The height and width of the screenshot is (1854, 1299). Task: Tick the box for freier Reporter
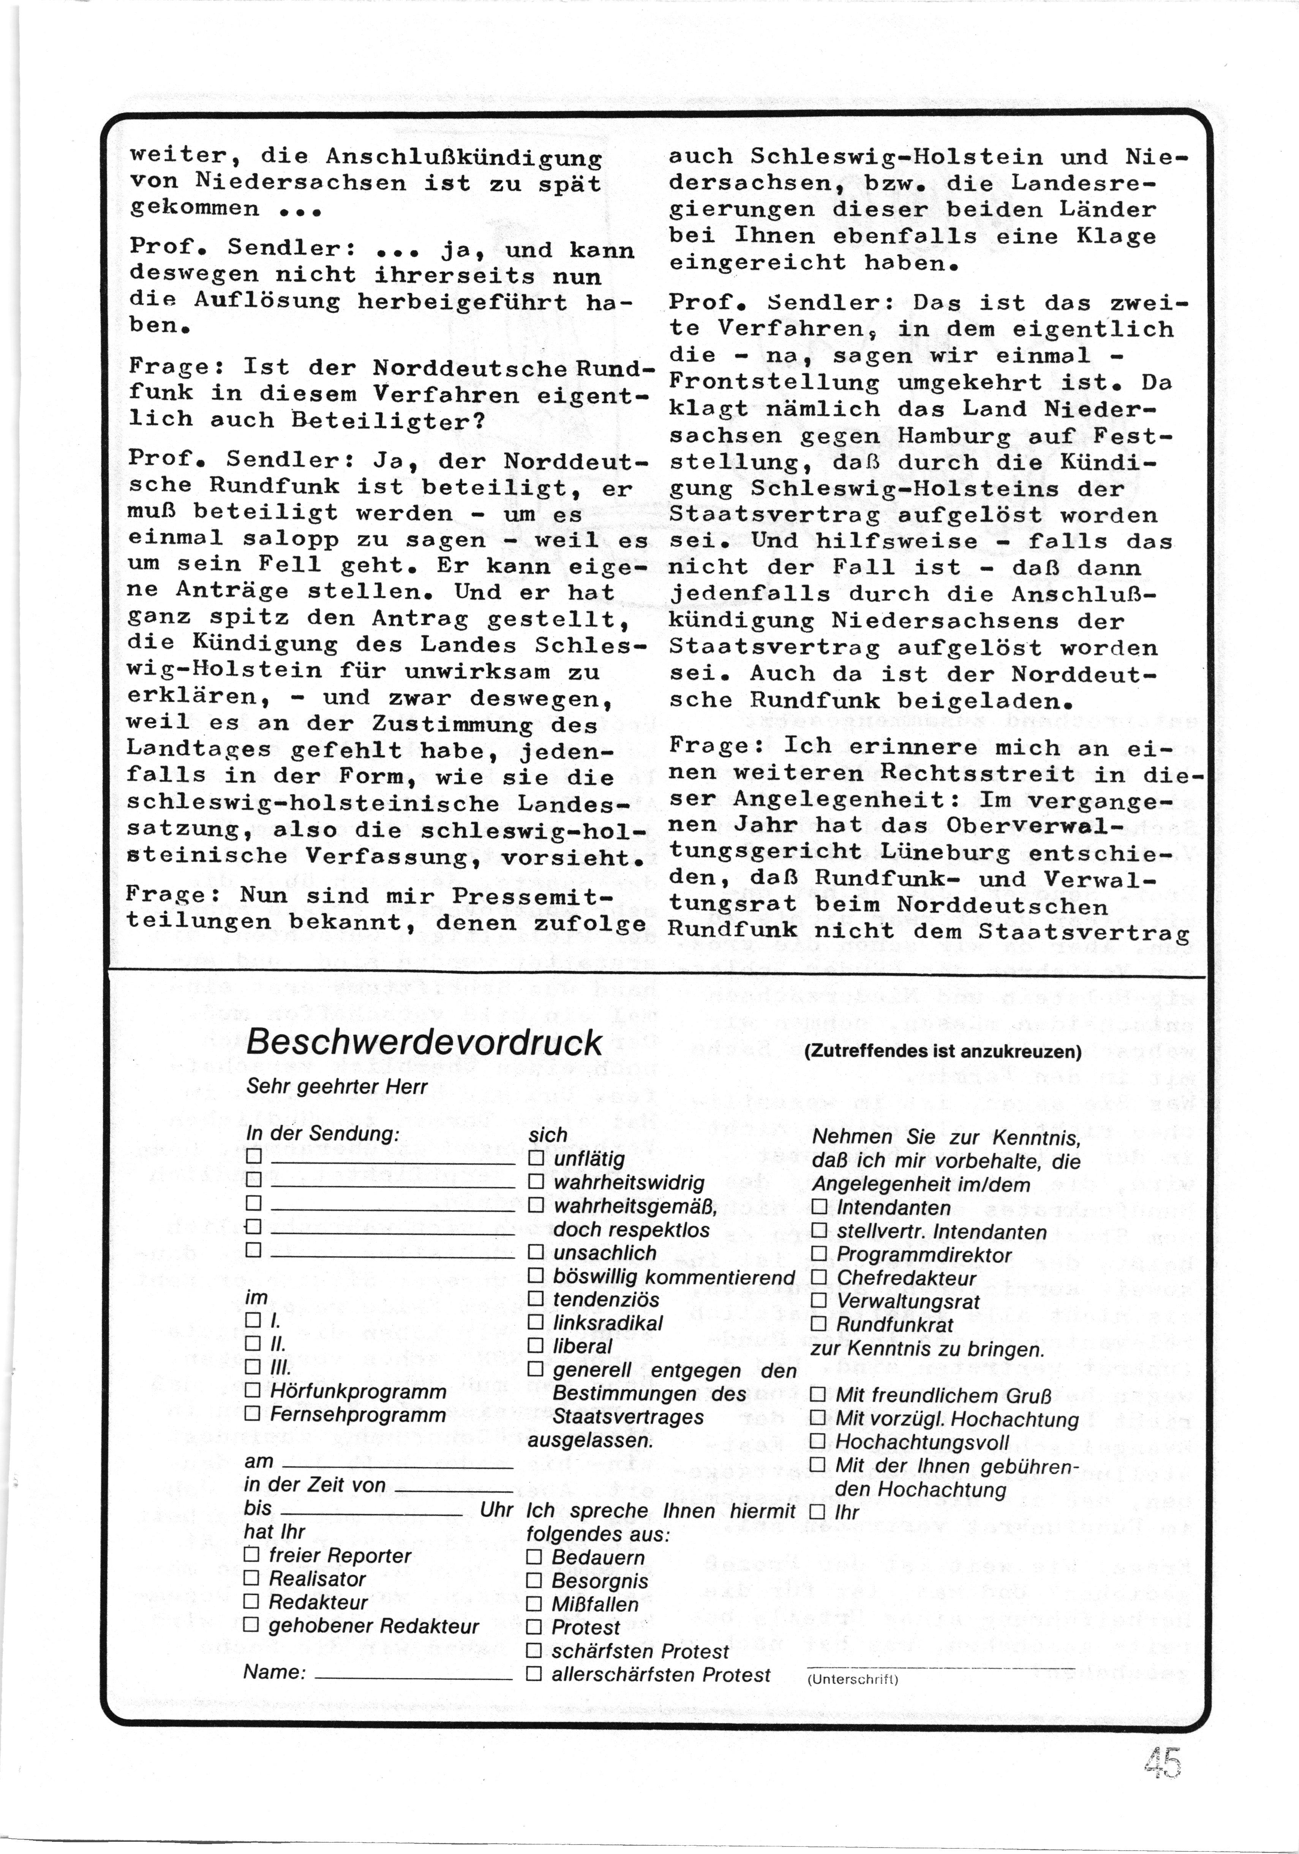point(251,1555)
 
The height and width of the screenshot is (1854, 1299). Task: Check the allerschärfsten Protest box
point(534,1675)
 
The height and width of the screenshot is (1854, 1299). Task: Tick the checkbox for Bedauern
point(534,1557)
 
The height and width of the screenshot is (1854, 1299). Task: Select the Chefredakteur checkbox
point(819,1278)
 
